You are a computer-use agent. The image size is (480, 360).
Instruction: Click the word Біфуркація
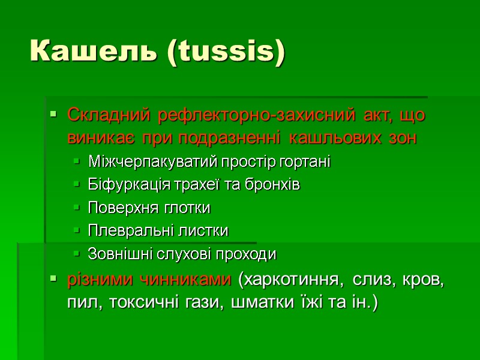point(122,185)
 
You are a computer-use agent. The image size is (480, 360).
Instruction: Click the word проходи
point(251,254)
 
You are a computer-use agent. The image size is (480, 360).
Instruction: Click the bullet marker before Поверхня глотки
point(76,209)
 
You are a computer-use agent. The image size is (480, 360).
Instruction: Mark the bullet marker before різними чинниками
point(54,279)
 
